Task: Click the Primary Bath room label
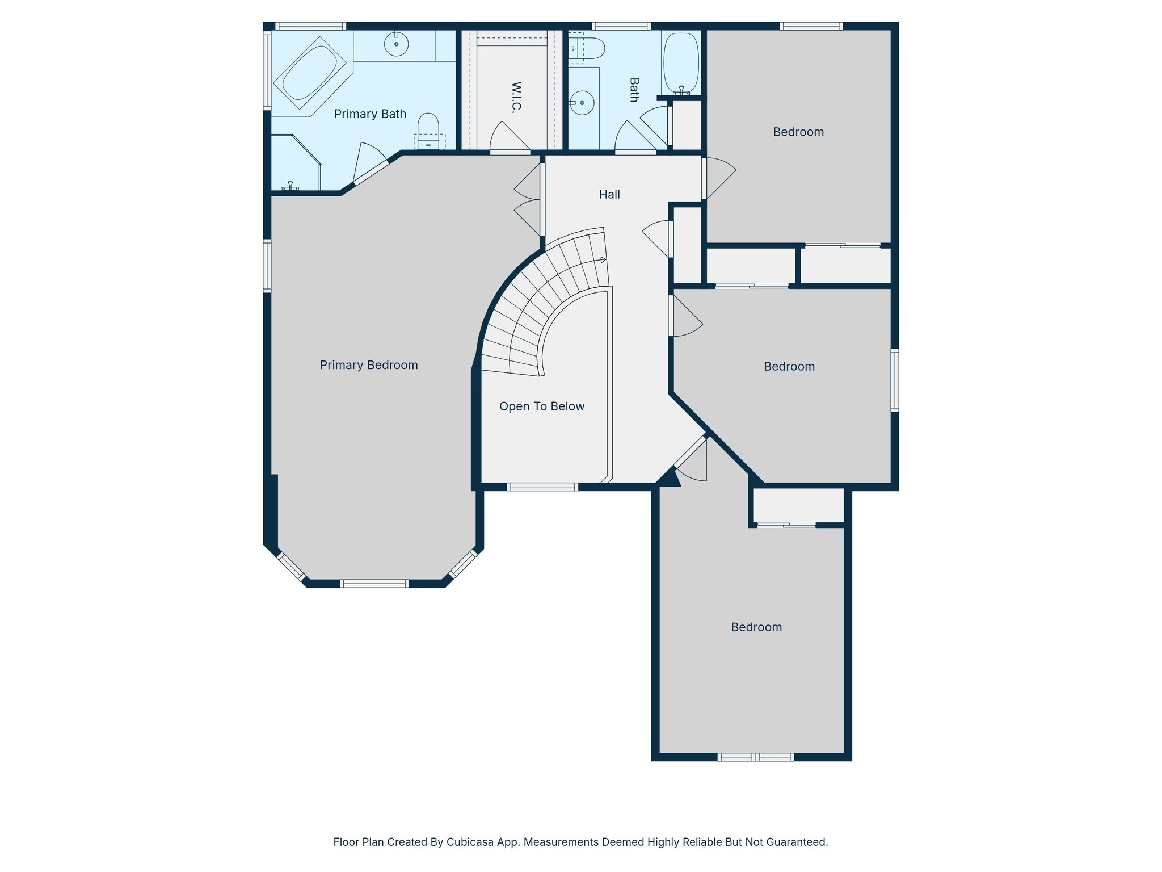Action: point(370,114)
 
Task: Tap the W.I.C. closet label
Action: point(516,97)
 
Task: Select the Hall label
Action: point(609,195)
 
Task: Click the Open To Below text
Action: point(541,406)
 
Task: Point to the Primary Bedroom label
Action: point(369,365)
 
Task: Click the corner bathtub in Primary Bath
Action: point(309,73)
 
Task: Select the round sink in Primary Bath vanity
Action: point(396,44)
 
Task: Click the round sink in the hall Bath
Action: point(582,103)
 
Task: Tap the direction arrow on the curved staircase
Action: point(603,260)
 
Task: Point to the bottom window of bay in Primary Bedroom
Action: point(374,584)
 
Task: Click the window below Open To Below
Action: point(542,487)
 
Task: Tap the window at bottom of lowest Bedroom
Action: point(755,757)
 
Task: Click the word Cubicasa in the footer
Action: point(468,842)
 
